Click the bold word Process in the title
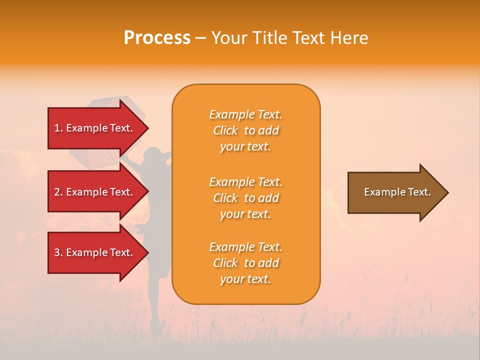pyautogui.click(x=157, y=38)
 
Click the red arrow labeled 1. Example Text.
pyautogui.click(x=95, y=128)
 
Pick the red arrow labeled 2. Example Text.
pyautogui.click(x=95, y=192)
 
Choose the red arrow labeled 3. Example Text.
pyautogui.click(x=95, y=252)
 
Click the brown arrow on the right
pyautogui.click(x=395, y=192)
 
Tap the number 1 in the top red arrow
pyautogui.click(x=57, y=128)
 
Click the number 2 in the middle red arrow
pyautogui.click(x=57, y=192)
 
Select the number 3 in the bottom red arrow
pyautogui.click(x=57, y=252)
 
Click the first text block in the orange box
pyautogui.click(x=245, y=130)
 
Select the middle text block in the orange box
pyautogui.click(x=245, y=198)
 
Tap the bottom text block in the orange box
pyautogui.click(x=245, y=263)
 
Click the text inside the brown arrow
pyautogui.click(x=397, y=192)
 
